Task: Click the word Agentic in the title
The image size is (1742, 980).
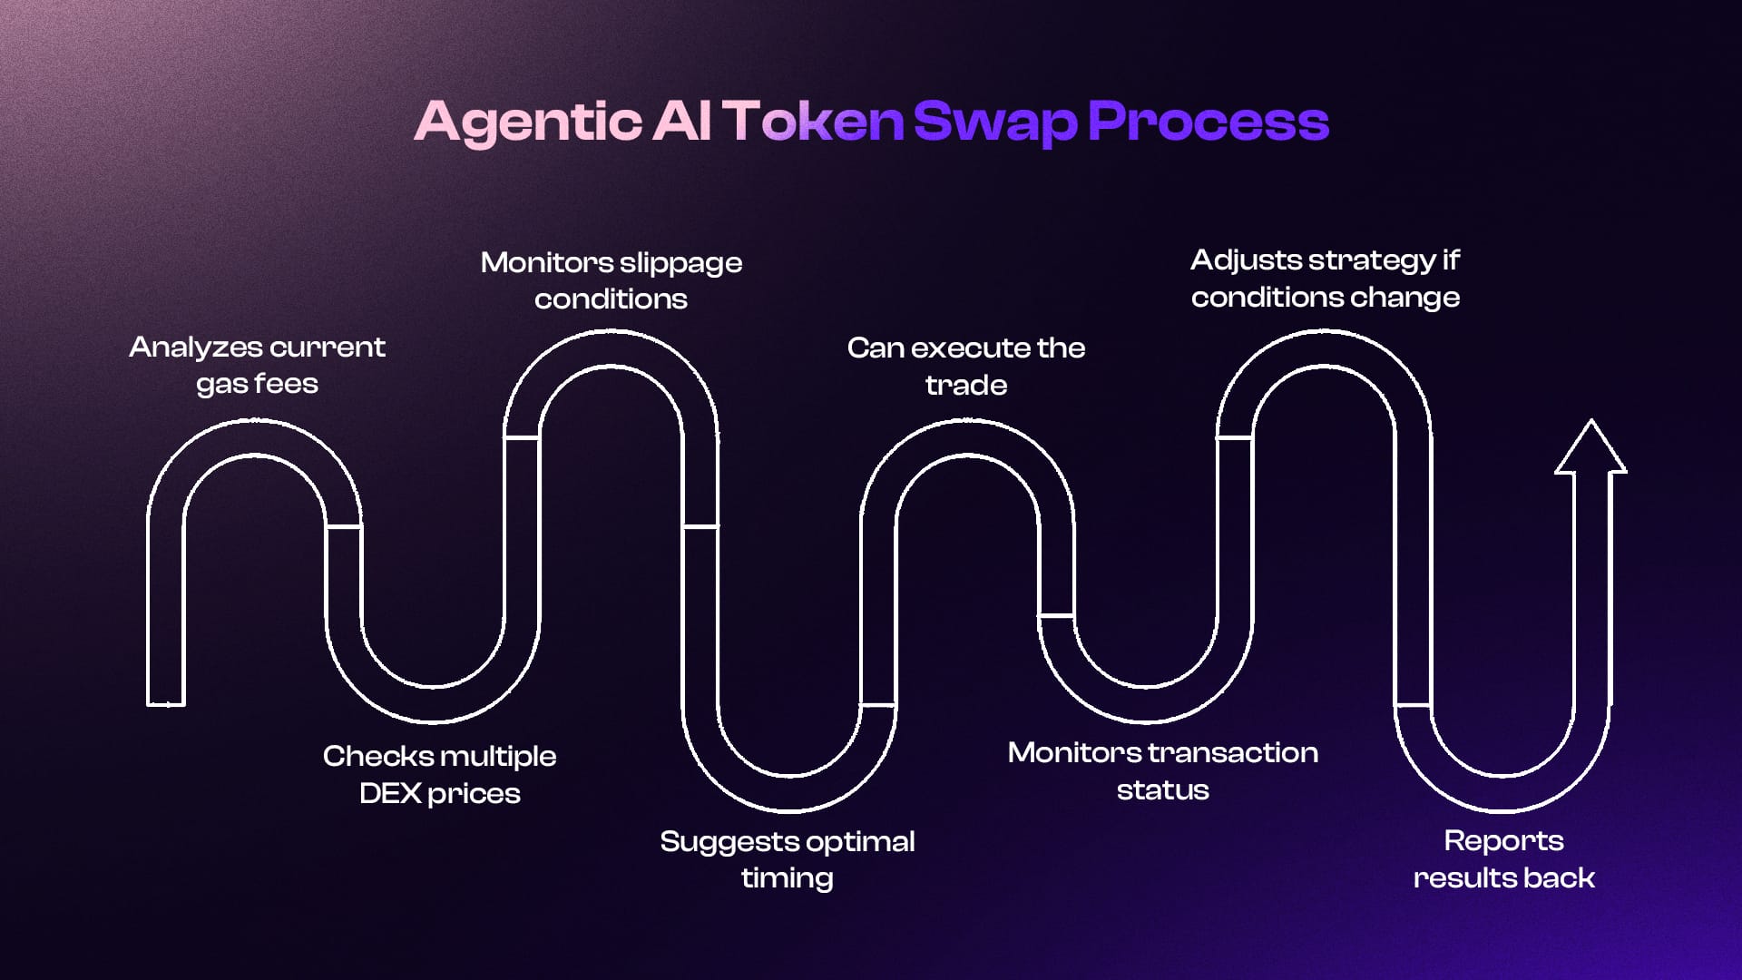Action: coord(528,122)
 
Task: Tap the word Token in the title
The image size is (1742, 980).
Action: coord(813,122)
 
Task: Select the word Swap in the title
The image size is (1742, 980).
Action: coord(994,122)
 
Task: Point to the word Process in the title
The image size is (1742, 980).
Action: coord(1209,122)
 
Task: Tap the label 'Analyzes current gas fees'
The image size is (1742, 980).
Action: coord(257,365)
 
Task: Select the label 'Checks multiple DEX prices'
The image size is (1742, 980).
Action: coord(439,774)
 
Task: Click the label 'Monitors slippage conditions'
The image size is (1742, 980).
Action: coord(611,280)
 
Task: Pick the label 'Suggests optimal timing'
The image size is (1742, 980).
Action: coord(787,859)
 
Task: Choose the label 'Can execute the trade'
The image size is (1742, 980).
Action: coord(965,366)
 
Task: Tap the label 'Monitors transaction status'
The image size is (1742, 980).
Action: coord(1162,770)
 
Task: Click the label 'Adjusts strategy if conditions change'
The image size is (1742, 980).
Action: coord(1325,279)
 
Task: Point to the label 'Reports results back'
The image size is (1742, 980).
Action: coord(1503,858)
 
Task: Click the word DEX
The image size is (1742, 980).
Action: coord(390,793)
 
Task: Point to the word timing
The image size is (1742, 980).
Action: coord(787,878)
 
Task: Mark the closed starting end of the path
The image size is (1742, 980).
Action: coord(166,701)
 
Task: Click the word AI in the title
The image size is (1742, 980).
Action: coord(680,122)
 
